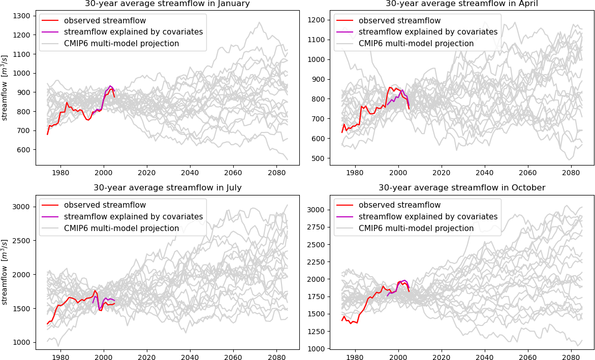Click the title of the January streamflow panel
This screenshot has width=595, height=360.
167,4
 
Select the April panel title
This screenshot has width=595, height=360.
462,4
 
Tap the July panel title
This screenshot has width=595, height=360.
167,188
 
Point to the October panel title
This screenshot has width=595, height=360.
462,188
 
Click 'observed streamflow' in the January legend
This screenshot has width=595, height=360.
105,21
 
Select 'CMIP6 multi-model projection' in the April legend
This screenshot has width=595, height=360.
416,44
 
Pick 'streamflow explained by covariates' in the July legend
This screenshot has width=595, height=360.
133,217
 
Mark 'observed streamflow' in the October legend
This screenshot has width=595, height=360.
399,205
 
